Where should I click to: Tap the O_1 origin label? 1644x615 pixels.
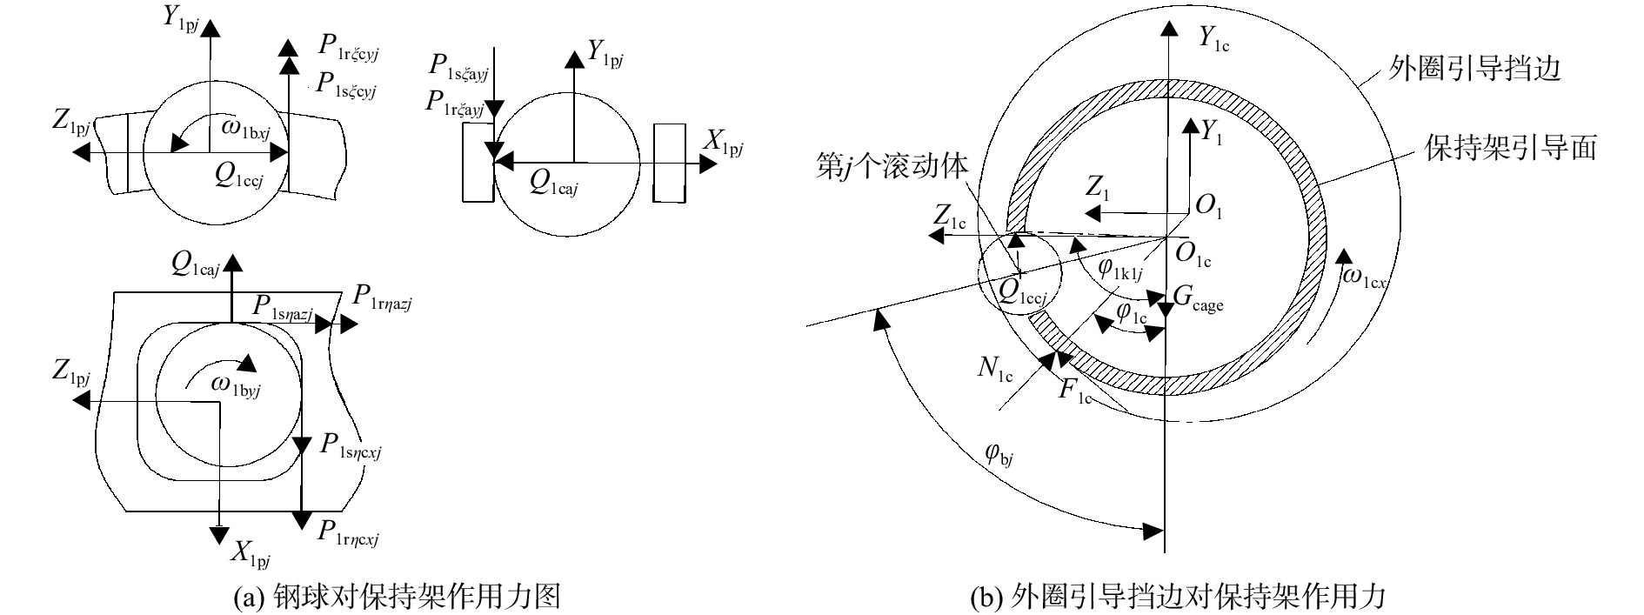1209,206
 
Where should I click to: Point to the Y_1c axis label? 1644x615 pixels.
1214,37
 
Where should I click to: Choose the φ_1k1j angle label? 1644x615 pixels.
1119,269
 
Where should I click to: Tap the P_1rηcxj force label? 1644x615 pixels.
350,531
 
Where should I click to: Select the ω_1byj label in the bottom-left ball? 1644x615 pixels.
235,387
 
